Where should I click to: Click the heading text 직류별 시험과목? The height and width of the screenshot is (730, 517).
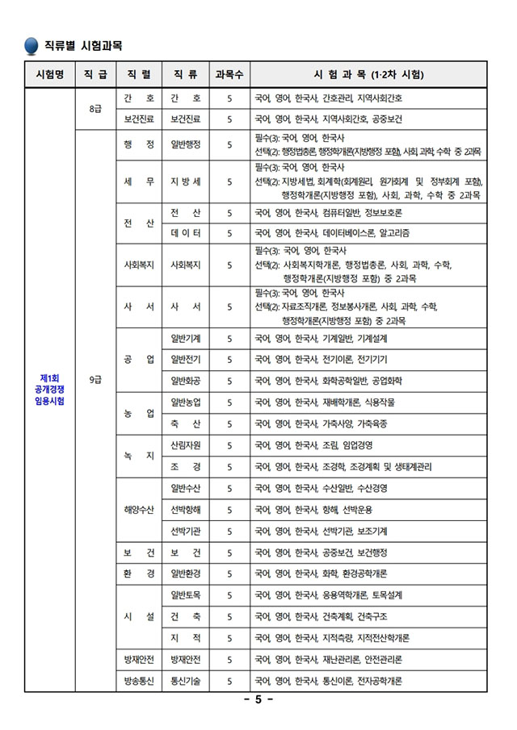click(83, 44)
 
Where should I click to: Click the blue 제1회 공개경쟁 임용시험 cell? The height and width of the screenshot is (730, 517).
click(50, 390)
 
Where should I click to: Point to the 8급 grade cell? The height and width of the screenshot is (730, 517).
click(95, 108)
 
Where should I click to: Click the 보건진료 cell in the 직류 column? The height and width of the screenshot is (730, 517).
click(186, 119)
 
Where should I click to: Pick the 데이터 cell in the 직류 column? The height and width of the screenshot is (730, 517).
click(186, 233)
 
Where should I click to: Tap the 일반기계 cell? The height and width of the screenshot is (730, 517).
click(186, 338)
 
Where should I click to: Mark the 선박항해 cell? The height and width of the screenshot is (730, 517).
click(186, 510)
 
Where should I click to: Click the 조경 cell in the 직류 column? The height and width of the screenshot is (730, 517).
click(186, 466)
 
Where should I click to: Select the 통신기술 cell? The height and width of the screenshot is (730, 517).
click(186, 681)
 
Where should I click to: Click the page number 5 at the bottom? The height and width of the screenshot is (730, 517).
click(258, 700)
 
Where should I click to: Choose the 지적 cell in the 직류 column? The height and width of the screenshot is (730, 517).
click(186, 637)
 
